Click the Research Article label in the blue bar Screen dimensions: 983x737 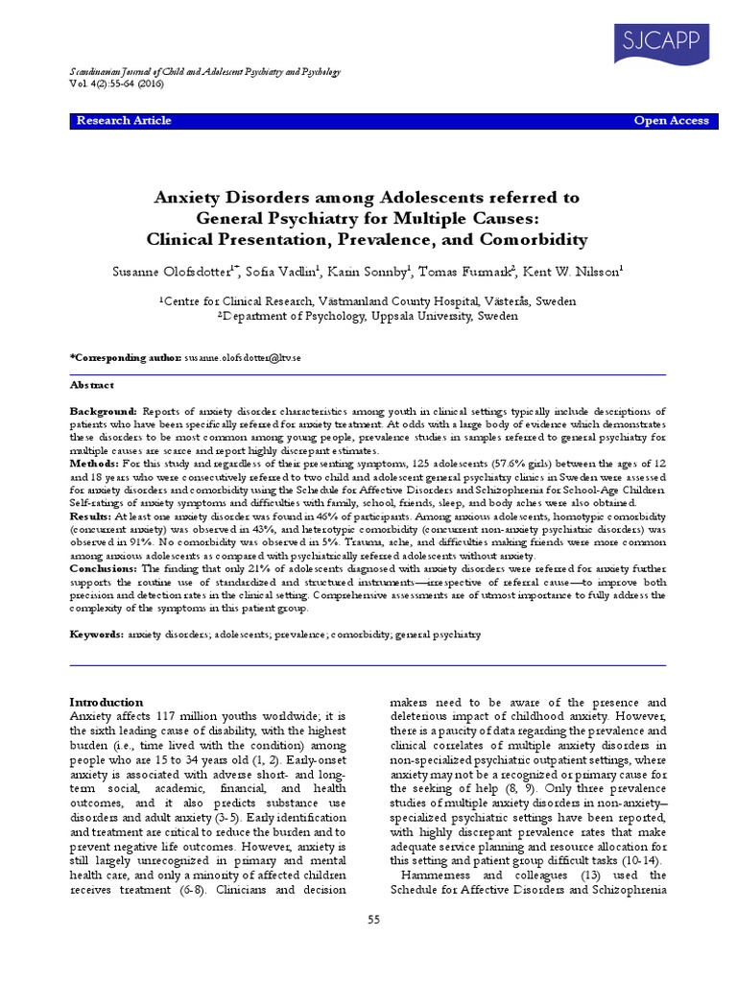click(x=124, y=121)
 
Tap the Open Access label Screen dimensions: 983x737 click(x=672, y=121)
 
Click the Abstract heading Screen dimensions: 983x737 click(x=92, y=385)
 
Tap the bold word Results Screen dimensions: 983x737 click(x=91, y=515)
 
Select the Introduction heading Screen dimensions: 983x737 click(x=108, y=702)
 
